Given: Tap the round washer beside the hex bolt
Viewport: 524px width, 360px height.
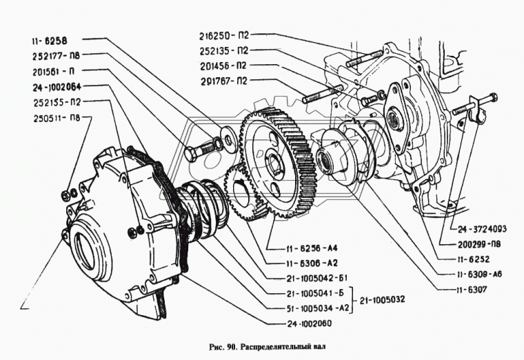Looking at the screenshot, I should click(x=226, y=143).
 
